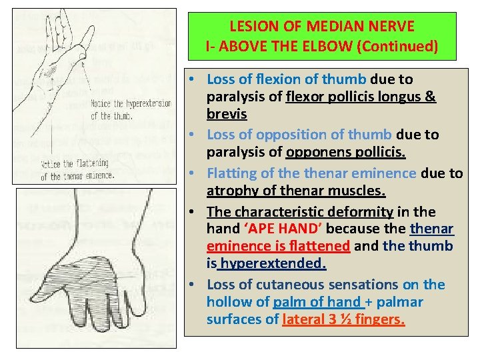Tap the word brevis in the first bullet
click(226, 114)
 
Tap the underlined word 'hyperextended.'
click(273, 263)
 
